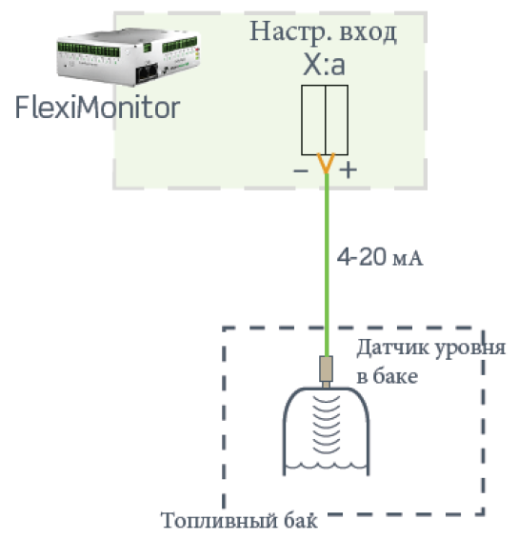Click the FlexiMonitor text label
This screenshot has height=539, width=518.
click(97, 108)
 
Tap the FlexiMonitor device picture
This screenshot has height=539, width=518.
click(129, 57)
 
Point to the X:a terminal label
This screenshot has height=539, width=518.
click(324, 65)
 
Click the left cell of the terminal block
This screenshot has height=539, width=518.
click(313, 120)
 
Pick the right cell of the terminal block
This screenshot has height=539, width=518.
click(337, 120)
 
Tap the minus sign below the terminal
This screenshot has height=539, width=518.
click(301, 170)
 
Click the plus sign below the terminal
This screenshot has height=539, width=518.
click(349, 170)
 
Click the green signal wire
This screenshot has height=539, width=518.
click(327, 265)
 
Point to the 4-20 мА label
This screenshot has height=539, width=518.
click(380, 257)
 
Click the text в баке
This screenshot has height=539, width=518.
click(388, 376)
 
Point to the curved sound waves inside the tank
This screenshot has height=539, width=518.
click(327, 425)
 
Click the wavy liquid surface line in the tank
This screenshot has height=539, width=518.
click(327, 466)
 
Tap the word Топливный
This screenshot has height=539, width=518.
click(219, 521)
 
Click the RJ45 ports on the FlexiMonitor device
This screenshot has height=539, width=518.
click(148, 73)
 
